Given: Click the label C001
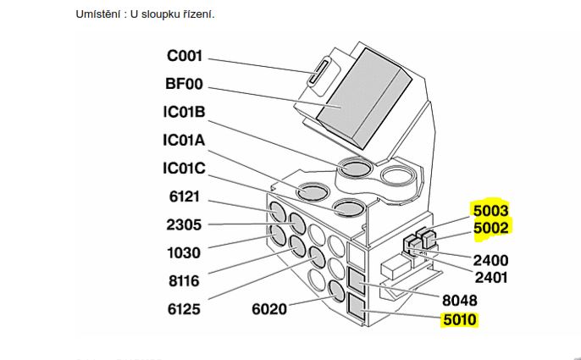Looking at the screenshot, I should coord(185,57).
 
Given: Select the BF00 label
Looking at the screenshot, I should coord(185,85).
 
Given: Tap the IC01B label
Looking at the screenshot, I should coord(185,113).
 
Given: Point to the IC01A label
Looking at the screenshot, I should coord(185,141).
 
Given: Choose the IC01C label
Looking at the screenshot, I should coord(185,169).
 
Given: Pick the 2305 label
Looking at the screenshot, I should coord(184,224).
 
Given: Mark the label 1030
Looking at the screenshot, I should coord(184,252).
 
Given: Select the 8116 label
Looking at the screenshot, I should coord(184,280).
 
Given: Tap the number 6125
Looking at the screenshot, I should coord(184,309).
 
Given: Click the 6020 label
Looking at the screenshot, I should coord(272,309).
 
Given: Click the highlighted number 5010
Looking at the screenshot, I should coord(460,320).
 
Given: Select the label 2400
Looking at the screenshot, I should coord(491,260).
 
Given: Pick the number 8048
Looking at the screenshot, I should coord(460,300).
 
